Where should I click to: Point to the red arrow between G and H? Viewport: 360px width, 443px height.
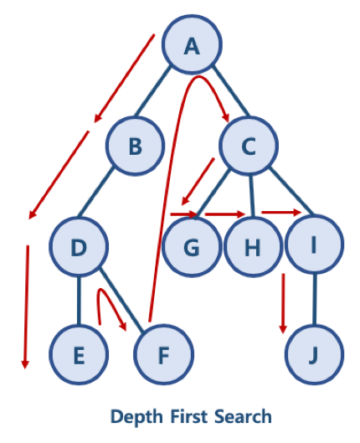224,214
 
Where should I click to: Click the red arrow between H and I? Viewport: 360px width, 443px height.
281,211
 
